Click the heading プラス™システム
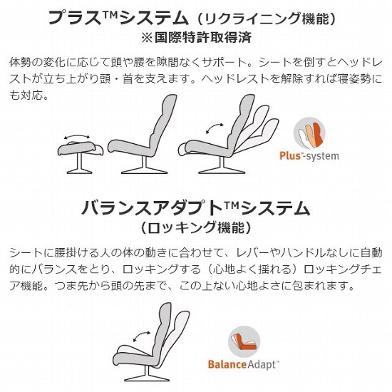(118, 18)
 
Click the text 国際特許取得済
(203, 38)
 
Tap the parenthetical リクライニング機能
(266, 19)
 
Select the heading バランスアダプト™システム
(196, 208)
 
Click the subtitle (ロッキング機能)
(196, 227)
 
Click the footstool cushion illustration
(81, 148)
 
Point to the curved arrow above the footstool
(77, 137)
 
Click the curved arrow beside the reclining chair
(215, 128)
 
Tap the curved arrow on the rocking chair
(142, 336)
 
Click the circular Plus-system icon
(309, 133)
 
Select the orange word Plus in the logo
(290, 156)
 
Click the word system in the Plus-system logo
(322, 156)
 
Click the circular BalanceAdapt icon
(244, 341)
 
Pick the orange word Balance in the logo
(227, 364)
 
